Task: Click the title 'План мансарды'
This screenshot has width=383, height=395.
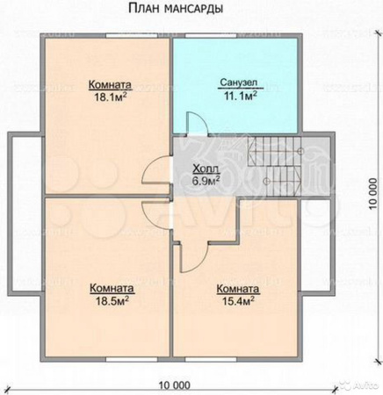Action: (x=176, y=9)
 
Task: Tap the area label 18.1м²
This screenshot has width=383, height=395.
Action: (x=111, y=97)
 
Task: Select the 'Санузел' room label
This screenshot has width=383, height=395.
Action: (x=239, y=83)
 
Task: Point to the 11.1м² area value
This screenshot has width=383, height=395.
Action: (x=241, y=96)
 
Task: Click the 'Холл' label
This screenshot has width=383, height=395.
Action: (x=206, y=169)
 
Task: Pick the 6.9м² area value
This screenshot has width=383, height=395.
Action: (x=206, y=181)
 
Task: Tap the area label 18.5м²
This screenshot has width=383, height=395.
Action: (x=112, y=301)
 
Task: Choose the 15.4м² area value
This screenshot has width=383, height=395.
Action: (x=238, y=300)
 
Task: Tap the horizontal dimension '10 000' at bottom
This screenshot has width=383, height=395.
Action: (x=175, y=385)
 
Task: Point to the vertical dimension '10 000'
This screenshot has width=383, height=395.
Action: (x=372, y=194)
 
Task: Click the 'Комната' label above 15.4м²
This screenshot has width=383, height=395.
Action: (x=238, y=289)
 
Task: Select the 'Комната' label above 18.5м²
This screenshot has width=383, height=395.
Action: (x=112, y=289)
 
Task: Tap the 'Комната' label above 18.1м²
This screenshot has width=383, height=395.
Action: (x=110, y=85)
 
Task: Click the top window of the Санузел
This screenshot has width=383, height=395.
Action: (x=211, y=36)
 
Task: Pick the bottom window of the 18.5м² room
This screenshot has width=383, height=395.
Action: (x=132, y=359)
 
